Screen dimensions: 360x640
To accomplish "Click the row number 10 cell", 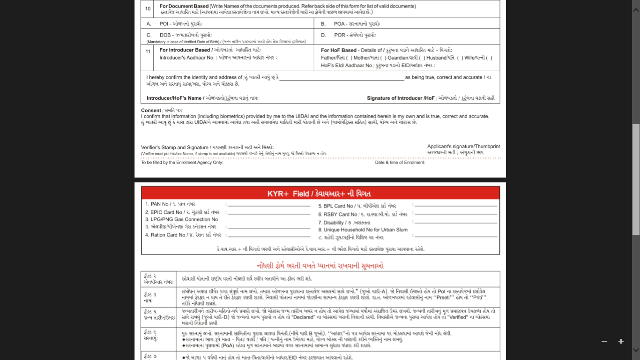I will point(148,8).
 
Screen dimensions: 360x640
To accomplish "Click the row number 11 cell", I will point(148,51).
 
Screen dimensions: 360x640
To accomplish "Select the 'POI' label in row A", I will point(164,23).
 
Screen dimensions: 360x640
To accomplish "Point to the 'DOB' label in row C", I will point(165,35).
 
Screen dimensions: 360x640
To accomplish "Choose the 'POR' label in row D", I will point(340,35).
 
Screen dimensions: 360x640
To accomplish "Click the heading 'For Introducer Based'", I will point(185,50).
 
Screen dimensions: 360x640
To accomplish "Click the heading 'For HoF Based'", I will point(339,50).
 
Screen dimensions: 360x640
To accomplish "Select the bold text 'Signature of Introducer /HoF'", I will point(401,98).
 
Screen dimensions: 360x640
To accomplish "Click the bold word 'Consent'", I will point(151,111).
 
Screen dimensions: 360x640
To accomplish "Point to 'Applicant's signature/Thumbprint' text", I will point(463,147).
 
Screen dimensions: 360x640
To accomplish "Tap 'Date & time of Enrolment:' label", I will point(400,163).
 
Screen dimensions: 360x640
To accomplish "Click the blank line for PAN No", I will point(269,206).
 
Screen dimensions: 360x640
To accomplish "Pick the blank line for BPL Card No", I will point(455,206).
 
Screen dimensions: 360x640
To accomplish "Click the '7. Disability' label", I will point(331,223).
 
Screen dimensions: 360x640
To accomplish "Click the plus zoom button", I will point(621,341).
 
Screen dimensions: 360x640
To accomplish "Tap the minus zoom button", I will point(604,341).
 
